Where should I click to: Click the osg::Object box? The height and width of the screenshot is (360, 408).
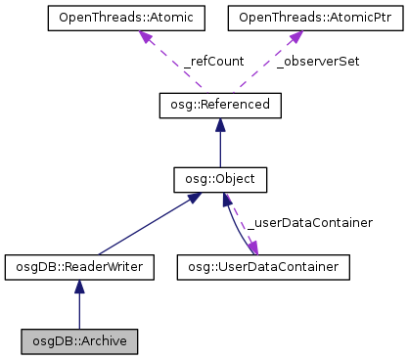[220, 180]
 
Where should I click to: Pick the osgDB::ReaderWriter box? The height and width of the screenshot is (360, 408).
[78, 265]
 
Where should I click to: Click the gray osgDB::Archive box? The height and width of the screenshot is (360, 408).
[78, 341]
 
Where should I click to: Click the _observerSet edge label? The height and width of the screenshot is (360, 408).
[318, 61]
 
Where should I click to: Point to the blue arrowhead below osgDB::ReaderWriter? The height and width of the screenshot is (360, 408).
[78, 286]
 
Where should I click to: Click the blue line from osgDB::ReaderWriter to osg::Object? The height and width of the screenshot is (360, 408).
[147, 225]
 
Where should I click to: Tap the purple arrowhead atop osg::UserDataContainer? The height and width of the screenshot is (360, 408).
[252, 248]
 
